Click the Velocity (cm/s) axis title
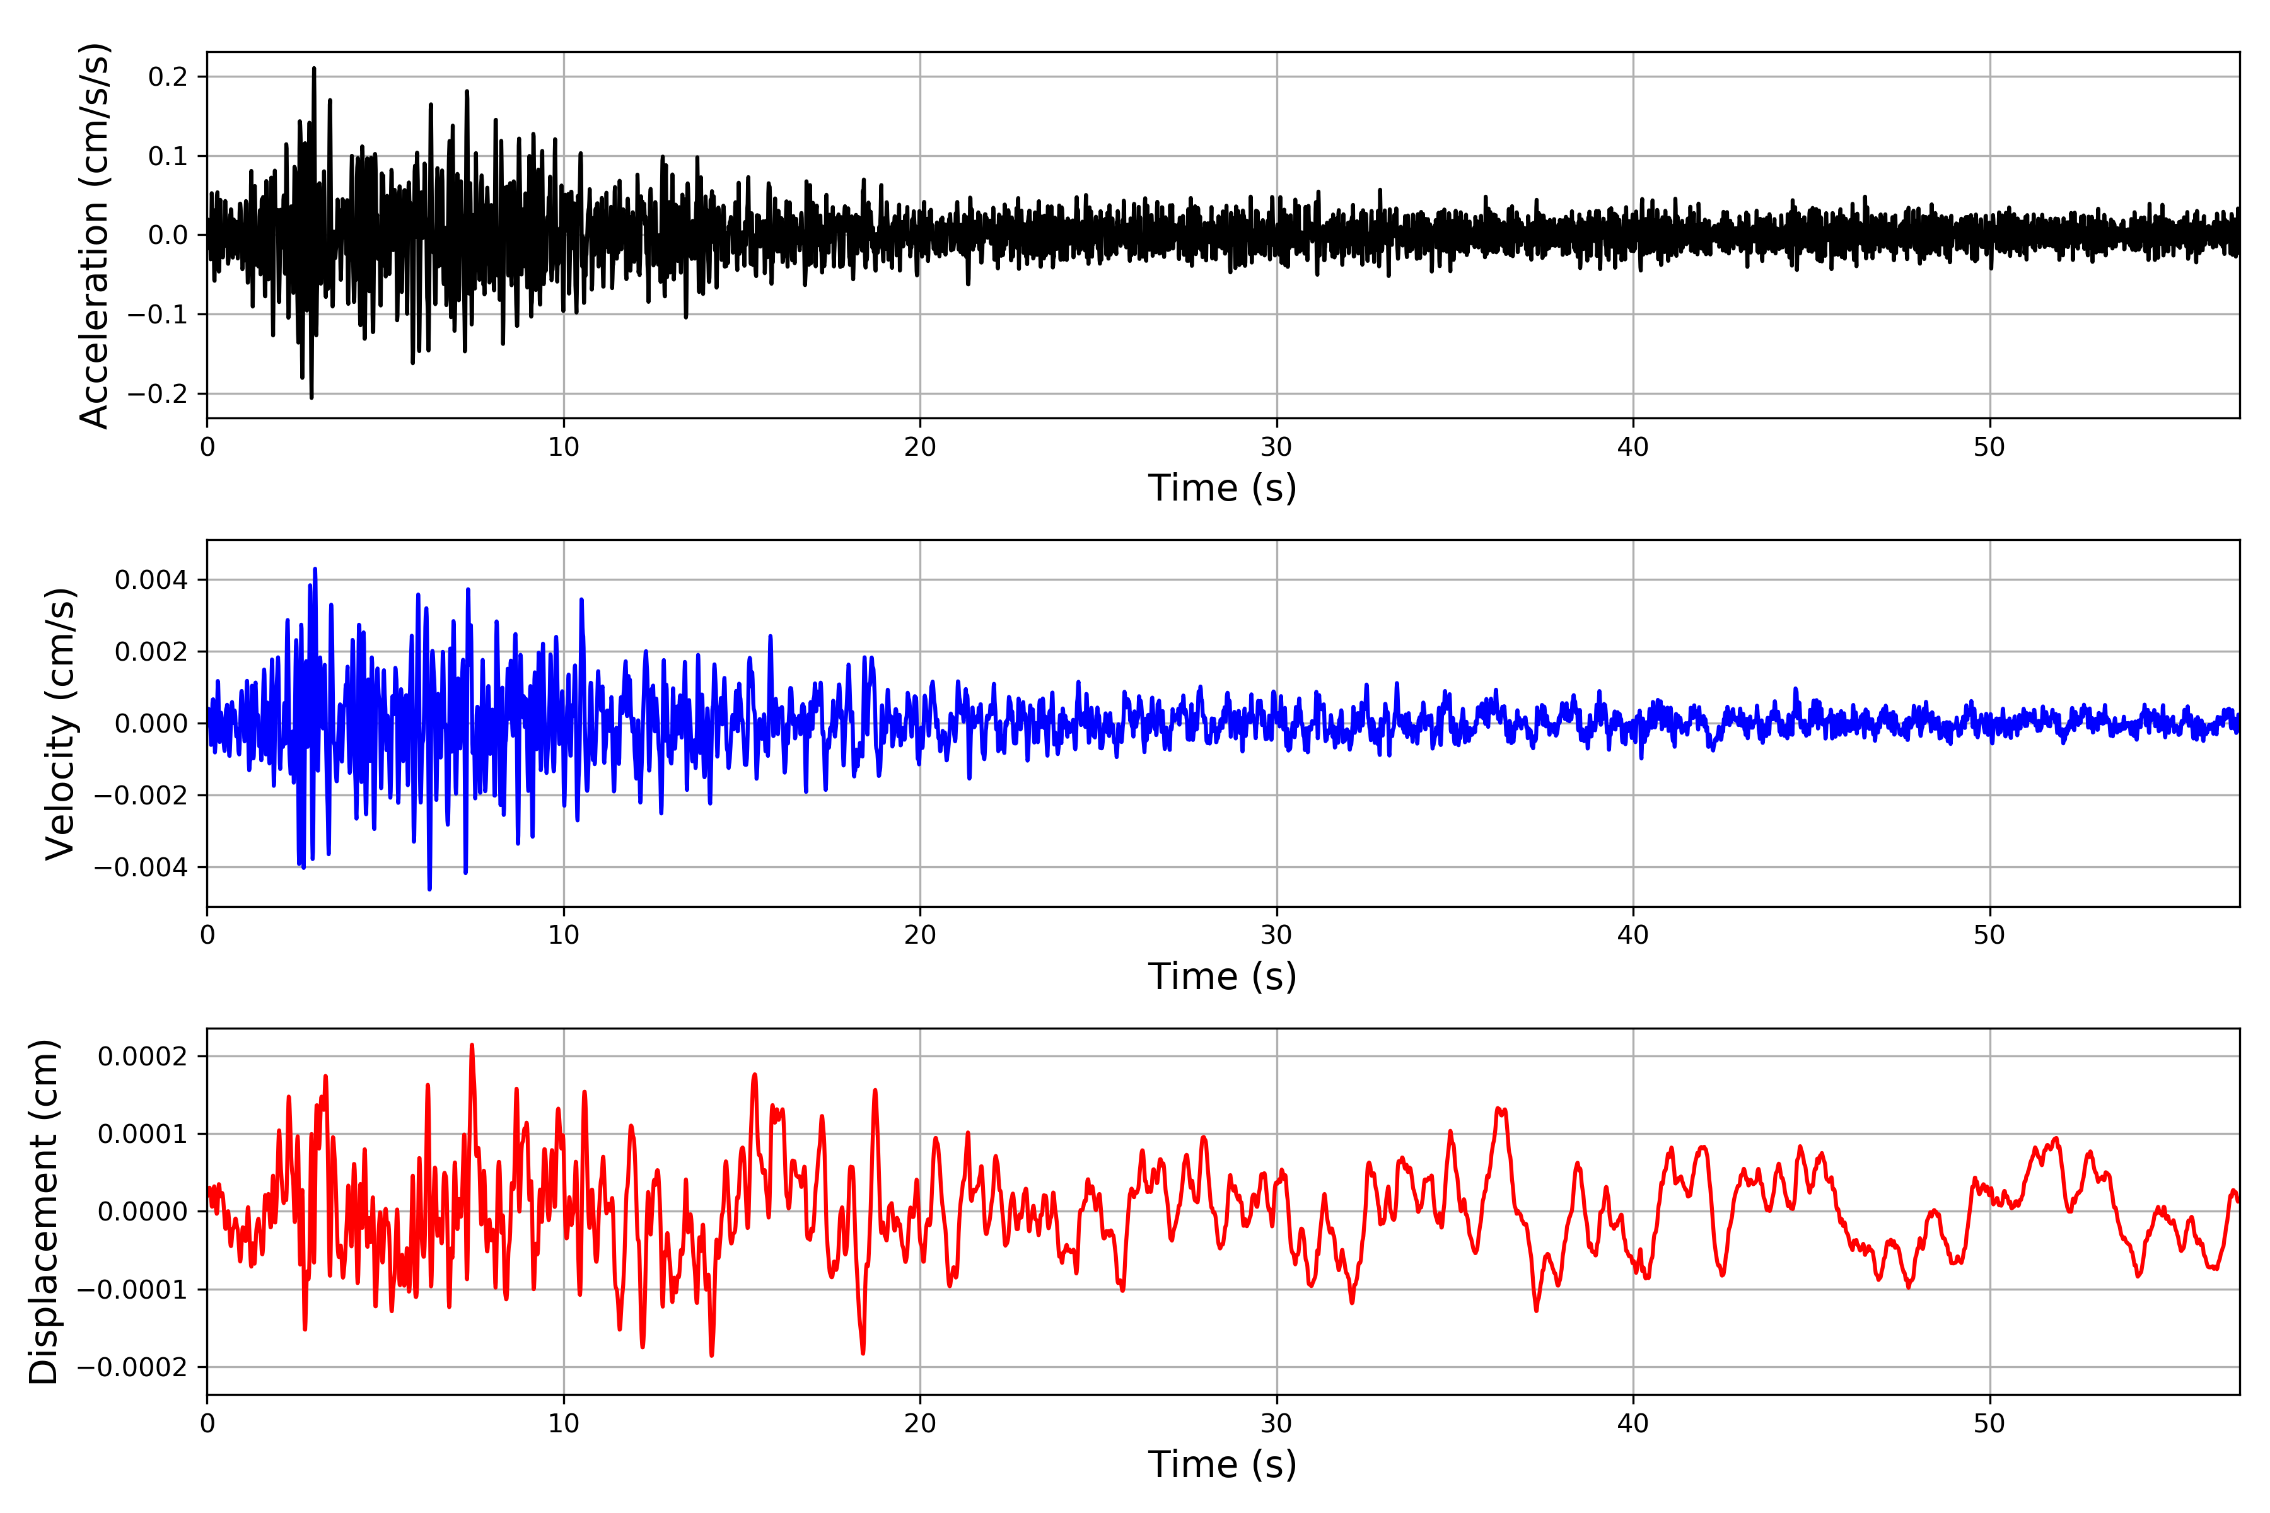60,724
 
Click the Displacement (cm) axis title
44,1212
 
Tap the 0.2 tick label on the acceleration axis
168,76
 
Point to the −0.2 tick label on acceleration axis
156,393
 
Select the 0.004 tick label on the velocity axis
151,580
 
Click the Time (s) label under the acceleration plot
1222,488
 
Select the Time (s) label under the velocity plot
1222,977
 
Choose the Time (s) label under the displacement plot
1222,1464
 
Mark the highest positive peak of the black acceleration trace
313,69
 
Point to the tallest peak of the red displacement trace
472,1045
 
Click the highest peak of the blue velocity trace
315,569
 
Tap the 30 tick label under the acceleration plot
1276,447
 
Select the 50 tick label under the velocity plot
1989,935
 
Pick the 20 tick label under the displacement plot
920,1423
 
